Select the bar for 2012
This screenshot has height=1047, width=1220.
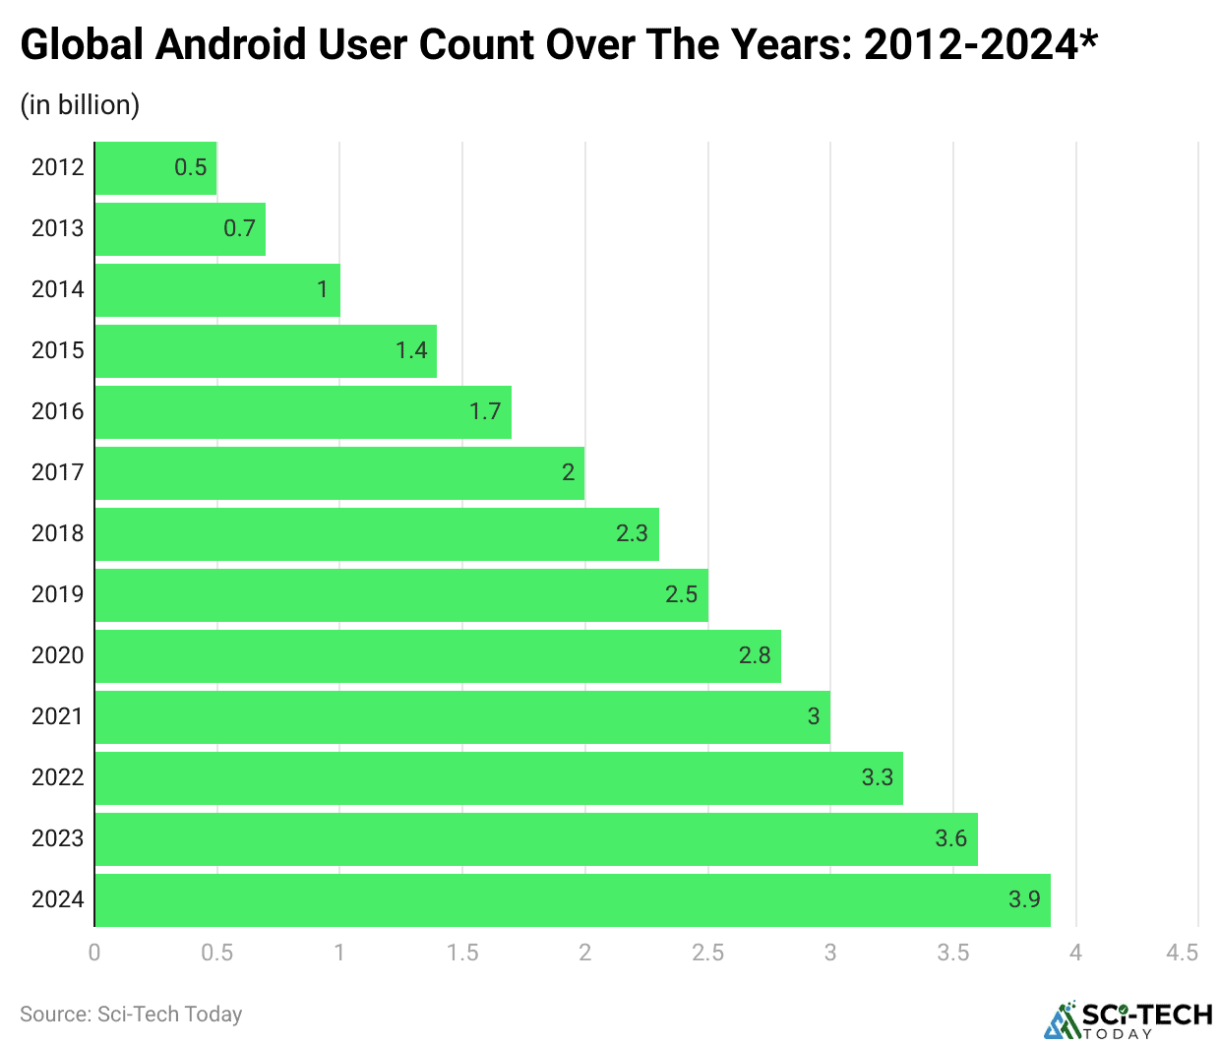[155, 167]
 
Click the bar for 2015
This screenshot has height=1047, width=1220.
[266, 351]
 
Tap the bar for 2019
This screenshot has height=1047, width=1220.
[401, 595]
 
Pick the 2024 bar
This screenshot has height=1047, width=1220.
[573, 900]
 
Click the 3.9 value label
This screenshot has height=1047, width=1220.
[1024, 899]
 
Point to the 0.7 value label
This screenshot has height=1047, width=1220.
[239, 228]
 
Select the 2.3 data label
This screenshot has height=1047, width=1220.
[632, 533]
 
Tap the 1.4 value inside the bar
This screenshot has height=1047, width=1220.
[411, 350]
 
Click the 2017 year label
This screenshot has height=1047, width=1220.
[57, 472]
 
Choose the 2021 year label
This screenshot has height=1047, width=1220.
[57, 716]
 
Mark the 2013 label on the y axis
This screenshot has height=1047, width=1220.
[57, 228]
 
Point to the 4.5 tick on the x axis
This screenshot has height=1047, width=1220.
[1182, 953]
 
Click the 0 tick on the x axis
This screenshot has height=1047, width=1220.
[94, 953]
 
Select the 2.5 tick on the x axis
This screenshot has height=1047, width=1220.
[707, 953]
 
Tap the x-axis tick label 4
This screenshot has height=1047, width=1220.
[1075, 953]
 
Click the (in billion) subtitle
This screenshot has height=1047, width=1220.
[80, 105]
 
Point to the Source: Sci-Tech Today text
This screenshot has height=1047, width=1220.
[131, 1015]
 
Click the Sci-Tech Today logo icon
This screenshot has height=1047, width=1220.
[1062, 1020]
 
